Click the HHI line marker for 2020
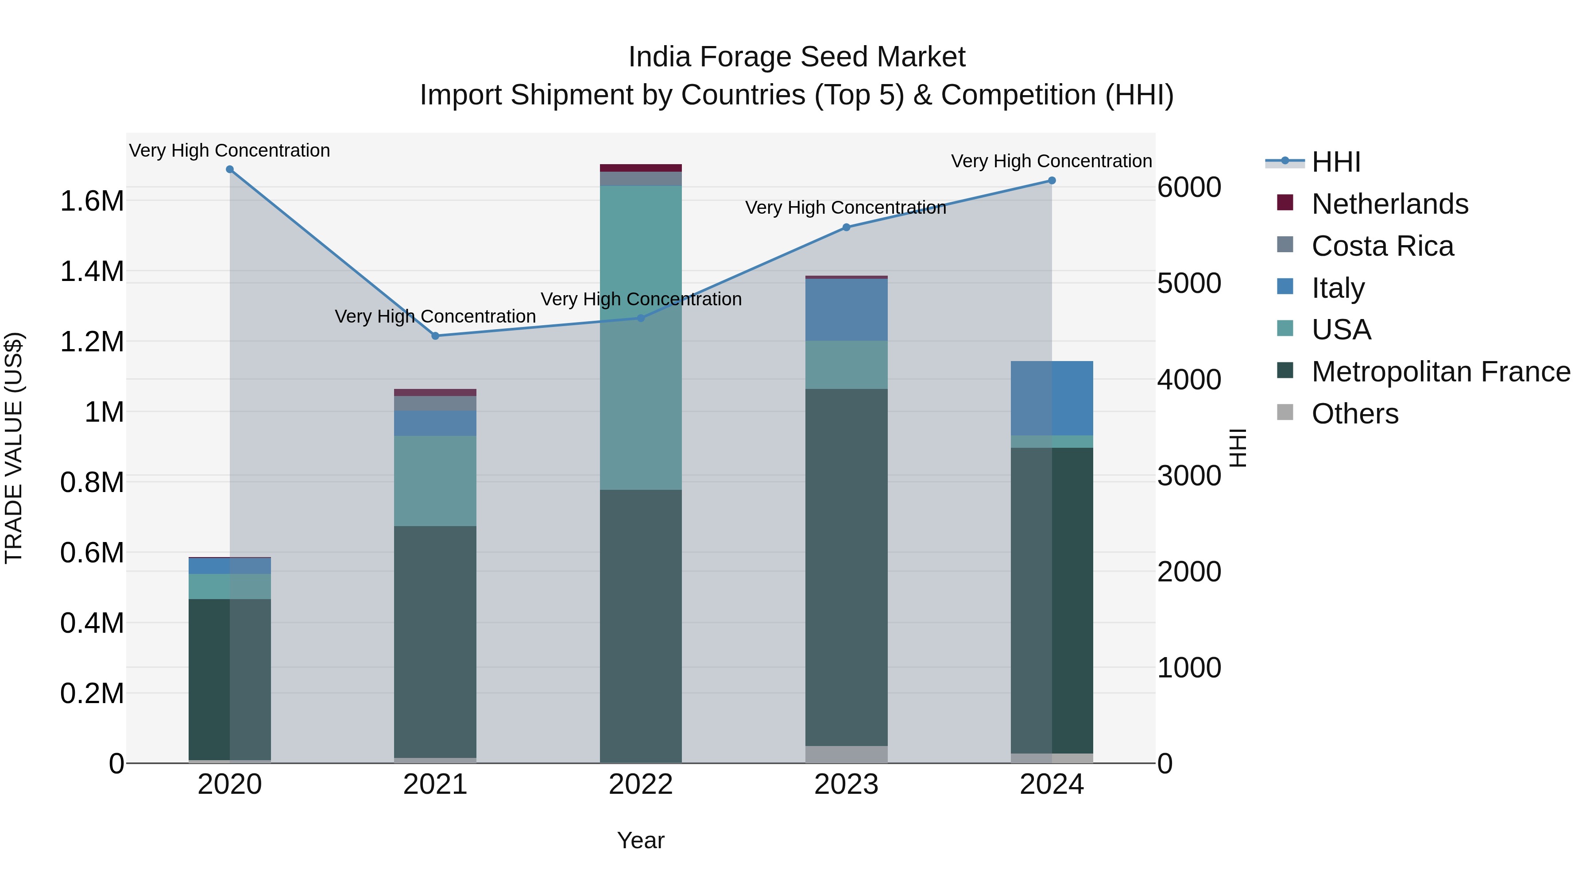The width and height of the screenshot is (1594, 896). click(229, 169)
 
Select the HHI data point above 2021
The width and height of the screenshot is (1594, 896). click(435, 336)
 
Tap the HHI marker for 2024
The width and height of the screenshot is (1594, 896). click(1051, 181)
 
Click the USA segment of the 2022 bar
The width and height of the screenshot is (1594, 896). click(640, 337)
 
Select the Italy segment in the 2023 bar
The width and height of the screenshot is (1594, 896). click(846, 309)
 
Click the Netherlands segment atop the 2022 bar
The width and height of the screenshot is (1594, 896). click(640, 168)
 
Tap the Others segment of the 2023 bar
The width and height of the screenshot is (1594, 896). click(846, 754)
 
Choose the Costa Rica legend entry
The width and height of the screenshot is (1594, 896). click(1382, 246)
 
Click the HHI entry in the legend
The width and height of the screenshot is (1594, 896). click(1335, 162)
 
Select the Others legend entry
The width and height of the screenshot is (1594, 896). click(1354, 414)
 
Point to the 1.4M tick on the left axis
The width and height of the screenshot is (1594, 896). click(92, 272)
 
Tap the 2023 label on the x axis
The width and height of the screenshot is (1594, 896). click(846, 784)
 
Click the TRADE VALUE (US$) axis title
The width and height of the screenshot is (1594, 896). click(14, 448)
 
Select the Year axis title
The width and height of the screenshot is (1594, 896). click(640, 840)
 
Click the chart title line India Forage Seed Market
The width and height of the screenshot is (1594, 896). click(797, 57)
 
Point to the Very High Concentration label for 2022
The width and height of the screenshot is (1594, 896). click(640, 299)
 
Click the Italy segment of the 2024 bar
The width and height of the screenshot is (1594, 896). click(1051, 398)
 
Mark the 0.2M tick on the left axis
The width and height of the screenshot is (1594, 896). click(92, 694)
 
